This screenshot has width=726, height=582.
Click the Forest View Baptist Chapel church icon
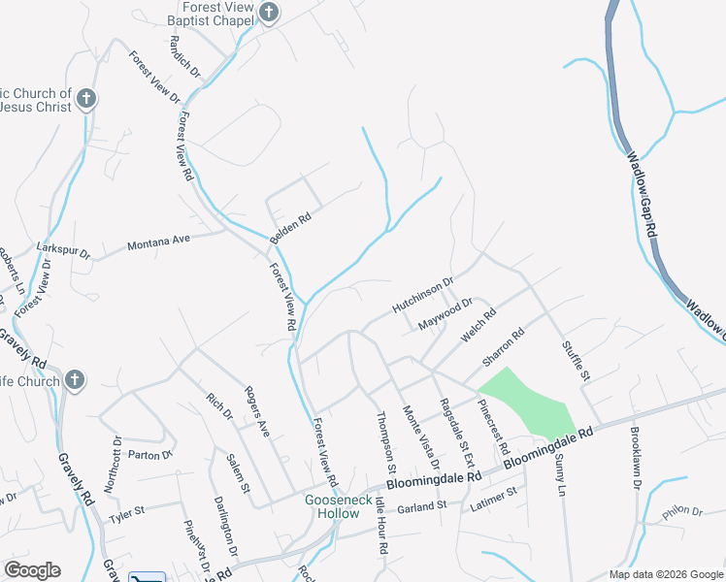pyautogui.click(x=270, y=13)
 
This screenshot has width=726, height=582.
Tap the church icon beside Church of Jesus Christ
pyautogui.click(x=86, y=98)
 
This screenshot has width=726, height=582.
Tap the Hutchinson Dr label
pyautogui.click(x=423, y=296)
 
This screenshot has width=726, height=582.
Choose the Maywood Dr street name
pyautogui.click(x=445, y=312)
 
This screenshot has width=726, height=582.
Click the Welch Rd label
pyautogui.click(x=478, y=326)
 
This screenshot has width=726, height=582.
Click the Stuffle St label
pyautogui.click(x=576, y=360)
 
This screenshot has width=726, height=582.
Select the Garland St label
pyautogui.click(x=421, y=505)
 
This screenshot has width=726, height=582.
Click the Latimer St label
pyautogui.click(x=494, y=499)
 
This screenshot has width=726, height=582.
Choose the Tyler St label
pyautogui.click(x=126, y=510)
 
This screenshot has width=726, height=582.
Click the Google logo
pyautogui.click(x=32, y=570)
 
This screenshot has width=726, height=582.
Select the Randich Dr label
pyautogui.click(x=183, y=58)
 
